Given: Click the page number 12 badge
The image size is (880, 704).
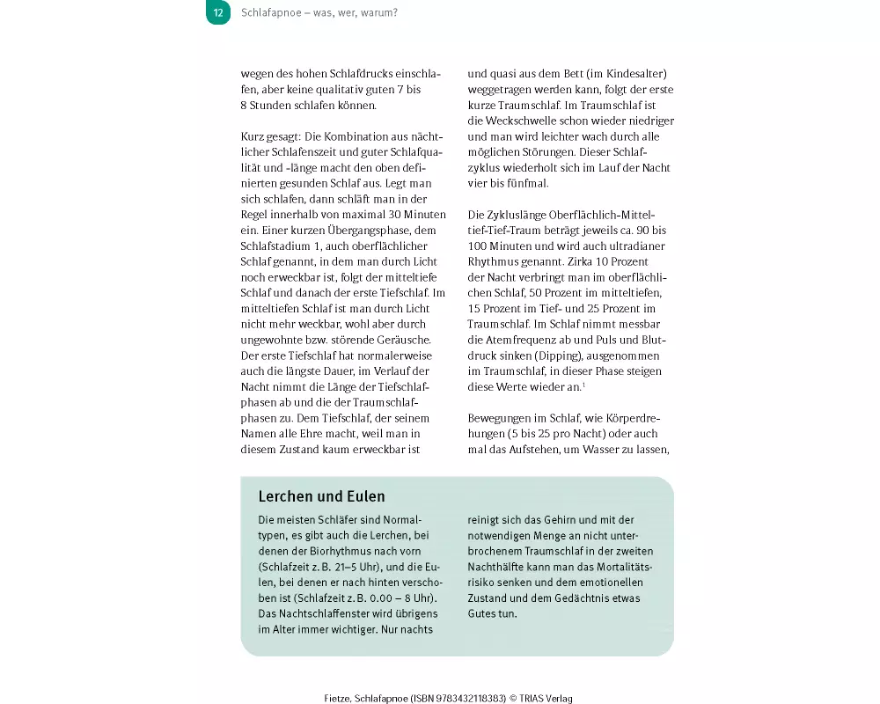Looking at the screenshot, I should (218, 13).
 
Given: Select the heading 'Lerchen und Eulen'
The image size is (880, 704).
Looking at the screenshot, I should (321, 497).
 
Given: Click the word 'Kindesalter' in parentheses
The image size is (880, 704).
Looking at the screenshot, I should (635, 75).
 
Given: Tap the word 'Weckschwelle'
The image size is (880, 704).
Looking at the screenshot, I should (502, 121).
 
